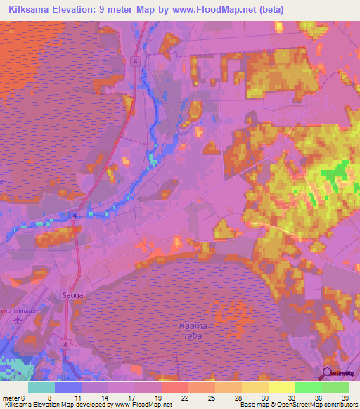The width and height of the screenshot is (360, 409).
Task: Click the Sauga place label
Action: tap(73, 295)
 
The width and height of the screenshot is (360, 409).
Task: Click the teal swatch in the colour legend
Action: tap(41, 387)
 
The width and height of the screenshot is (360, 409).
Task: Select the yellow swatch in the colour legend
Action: tap(282, 387)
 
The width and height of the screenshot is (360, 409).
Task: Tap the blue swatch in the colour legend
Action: tap(68, 387)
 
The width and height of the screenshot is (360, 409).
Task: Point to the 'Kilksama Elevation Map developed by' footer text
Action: tap(53, 405)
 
